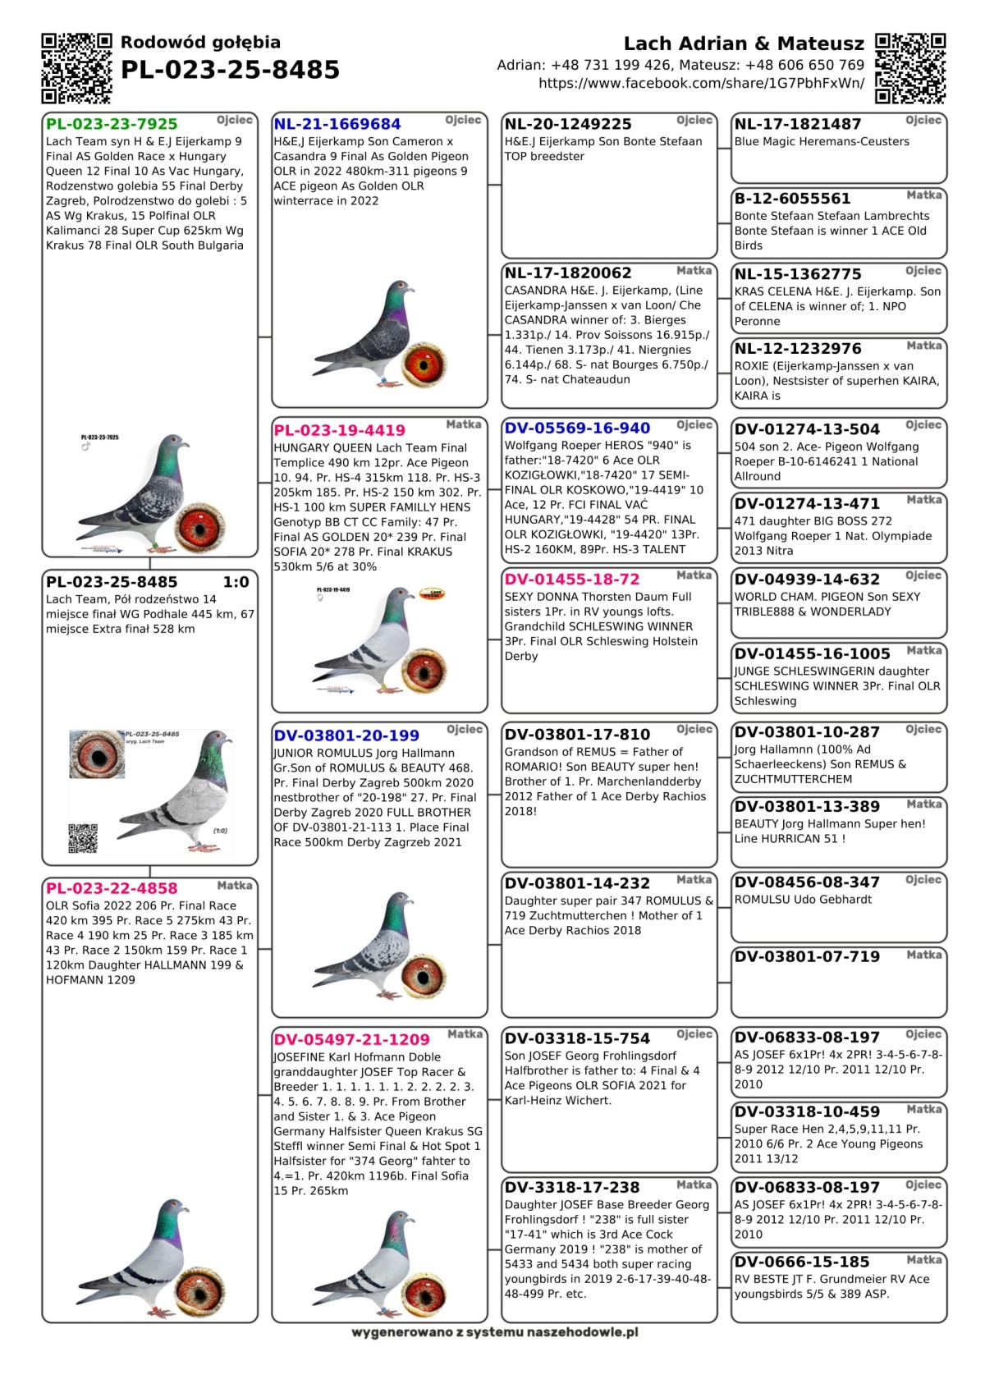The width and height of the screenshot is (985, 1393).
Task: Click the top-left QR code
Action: [76, 68]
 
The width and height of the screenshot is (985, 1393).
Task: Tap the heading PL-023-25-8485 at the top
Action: [230, 71]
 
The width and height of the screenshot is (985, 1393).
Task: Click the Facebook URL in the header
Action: [701, 83]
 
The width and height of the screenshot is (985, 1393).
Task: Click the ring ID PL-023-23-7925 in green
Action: [112, 124]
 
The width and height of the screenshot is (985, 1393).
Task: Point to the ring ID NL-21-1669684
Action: [337, 124]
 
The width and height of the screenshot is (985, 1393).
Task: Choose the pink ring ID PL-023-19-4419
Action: [339, 430]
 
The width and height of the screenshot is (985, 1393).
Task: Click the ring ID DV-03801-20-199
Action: [346, 735]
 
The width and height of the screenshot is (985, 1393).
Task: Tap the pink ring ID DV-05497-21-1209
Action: [351, 1039]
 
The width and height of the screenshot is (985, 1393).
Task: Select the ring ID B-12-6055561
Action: [792, 199]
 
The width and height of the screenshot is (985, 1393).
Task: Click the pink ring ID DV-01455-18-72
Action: [572, 579]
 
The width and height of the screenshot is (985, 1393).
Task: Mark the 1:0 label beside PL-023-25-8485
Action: [236, 582]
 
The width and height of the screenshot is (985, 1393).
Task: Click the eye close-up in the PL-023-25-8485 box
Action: [97, 754]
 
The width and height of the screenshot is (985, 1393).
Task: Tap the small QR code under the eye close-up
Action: [83, 838]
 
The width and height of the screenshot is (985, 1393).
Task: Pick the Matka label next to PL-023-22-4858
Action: [234, 886]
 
